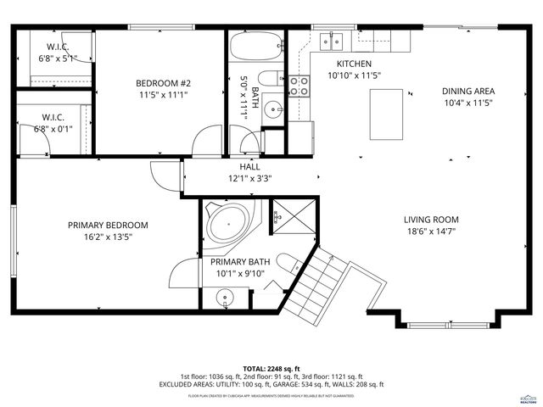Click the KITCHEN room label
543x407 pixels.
[354, 64]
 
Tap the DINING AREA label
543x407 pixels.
[467, 91]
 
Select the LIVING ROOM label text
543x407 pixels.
[431, 220]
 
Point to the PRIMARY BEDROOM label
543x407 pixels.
[108, 225]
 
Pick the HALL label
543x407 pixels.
[249, 167]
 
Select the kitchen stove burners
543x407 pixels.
[299, 84]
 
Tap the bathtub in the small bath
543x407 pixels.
[255, 47]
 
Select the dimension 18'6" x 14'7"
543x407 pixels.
[431, 231]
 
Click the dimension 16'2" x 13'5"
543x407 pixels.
[108, 237]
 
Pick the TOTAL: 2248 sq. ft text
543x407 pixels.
[271, 369]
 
